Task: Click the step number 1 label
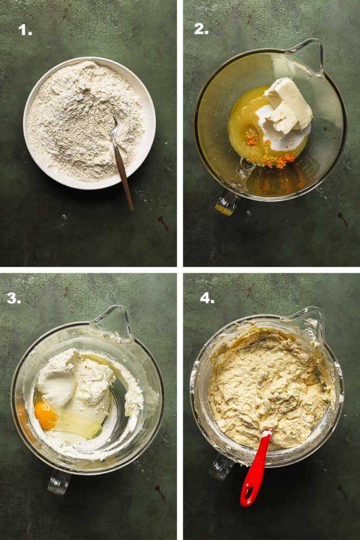[25, 30]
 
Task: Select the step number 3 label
[14, 298]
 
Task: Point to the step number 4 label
[207, 298]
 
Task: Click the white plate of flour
[90, 123]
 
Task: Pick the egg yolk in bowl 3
[45, 416]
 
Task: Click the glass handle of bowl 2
[228, 201]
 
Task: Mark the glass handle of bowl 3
[59, 481]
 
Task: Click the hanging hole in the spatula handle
[248, 494]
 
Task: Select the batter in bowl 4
[268, 385]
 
